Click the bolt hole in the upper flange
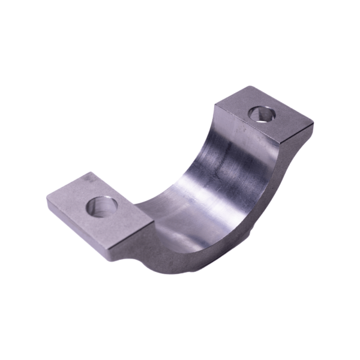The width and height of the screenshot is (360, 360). coord(262,113)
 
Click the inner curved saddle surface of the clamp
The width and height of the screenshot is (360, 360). coord(216,180)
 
